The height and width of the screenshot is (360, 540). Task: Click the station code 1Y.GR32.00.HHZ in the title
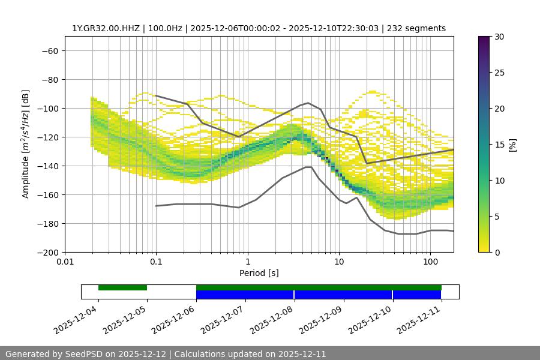(x=106, y=28)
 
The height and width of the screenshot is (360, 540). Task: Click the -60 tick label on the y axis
(x=49, y=50)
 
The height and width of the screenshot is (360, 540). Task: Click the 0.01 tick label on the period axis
(x=65, y=262)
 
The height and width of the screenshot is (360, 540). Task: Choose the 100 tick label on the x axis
(x=430, y=262)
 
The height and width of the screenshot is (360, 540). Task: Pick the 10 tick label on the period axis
(x=339, y=262)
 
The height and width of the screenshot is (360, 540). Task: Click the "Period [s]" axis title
(x=259, y=273)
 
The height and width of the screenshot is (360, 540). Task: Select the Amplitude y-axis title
(x=25, y=144)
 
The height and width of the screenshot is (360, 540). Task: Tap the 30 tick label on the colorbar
(x=498, y=37)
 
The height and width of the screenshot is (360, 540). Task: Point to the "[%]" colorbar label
(x=512, y=145)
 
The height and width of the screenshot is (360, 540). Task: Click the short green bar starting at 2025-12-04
(x=122, y=287)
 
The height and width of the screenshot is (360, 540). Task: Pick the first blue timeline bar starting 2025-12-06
(x=245, y=295)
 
